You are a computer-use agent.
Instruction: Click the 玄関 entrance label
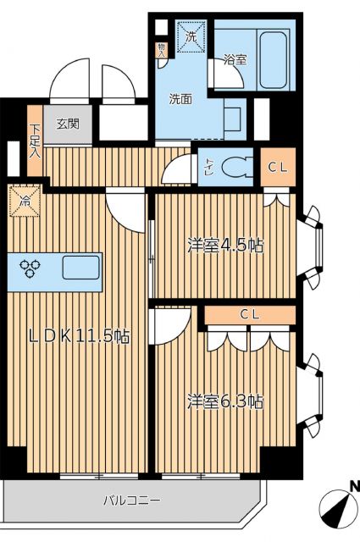[68, 123]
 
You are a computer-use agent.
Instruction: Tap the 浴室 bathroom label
[235, 61]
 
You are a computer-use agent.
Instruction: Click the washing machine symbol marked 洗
[191, 37]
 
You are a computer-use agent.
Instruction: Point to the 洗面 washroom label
[180, 98]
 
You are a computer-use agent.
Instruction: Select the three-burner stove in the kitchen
[32, 269]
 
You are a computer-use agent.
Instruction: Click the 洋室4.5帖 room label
[224, 246]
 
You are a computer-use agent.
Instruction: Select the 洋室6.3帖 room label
[224, 400]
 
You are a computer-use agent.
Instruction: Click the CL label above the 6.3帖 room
[249, 315]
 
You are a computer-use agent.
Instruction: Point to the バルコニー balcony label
[127, 500]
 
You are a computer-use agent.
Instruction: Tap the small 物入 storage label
[161, 50]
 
